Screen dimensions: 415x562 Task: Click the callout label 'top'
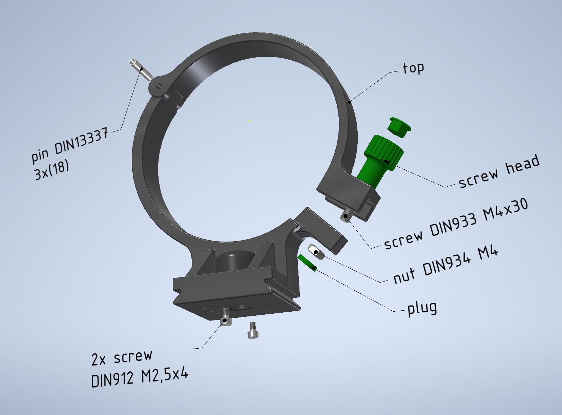pos(413,68)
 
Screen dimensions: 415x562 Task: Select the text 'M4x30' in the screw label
pos(505,210)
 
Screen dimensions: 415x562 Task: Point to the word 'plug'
pos(422,308)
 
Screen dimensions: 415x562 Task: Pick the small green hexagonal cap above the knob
pos(399,127)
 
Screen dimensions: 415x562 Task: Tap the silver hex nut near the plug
pos(316,252)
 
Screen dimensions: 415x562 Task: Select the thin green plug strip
pos(307,263)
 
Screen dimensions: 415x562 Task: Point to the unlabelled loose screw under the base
pos(252,330)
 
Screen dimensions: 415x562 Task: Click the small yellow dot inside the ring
pos(250,121)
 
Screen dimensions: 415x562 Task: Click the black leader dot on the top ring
pos(349,101)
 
